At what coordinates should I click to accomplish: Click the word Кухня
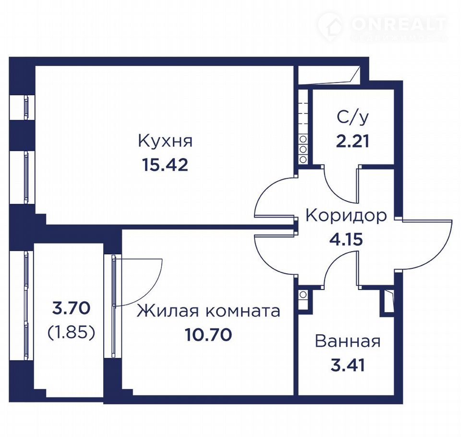[165, 141]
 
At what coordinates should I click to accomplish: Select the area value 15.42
[165, 165]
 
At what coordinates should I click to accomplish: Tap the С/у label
[352, 118]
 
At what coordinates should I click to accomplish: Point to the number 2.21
[352, 141]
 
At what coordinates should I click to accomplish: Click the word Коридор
[346, 216]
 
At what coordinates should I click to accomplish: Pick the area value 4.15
[346, 239]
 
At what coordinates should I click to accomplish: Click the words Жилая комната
[208, 311]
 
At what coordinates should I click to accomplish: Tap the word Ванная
[348, 341]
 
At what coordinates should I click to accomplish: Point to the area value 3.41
[348, 365]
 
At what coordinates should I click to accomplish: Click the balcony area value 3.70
[71, 308]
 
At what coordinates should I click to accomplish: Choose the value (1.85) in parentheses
[71, 333]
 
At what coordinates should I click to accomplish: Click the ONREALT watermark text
[399, 24]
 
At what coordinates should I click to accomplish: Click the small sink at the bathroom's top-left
[303, 295]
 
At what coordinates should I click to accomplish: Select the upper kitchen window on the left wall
[23, 107]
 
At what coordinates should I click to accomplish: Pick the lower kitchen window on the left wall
[23, 177]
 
